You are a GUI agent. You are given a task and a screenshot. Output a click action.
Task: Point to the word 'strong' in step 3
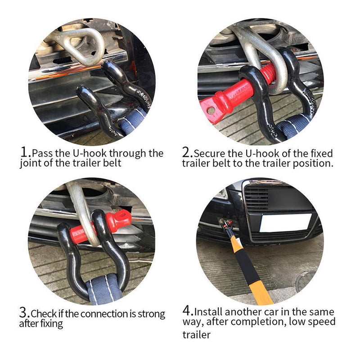(x=151, y=314)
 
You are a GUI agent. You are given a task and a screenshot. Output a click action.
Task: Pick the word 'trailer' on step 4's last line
(x=196, y=335)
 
